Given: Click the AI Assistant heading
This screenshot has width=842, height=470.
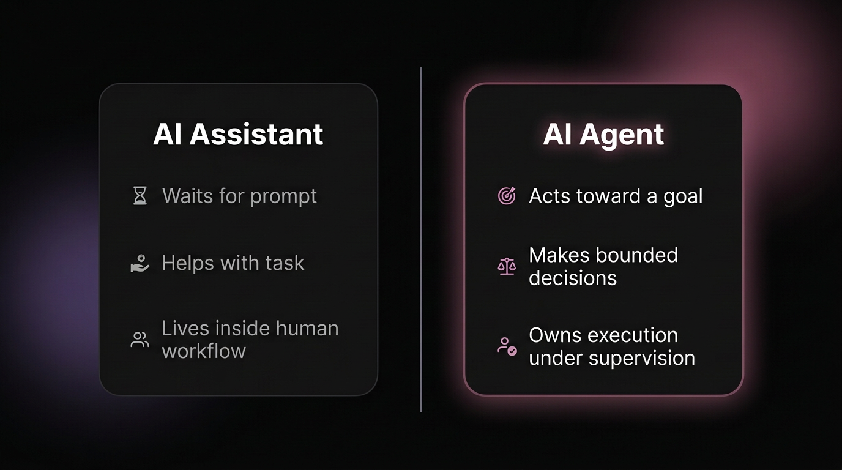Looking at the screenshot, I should [x=238, y=135].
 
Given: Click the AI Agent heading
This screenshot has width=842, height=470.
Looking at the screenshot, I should [x=603, y=135].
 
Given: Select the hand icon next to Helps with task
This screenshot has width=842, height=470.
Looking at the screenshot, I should [x=140, y=264].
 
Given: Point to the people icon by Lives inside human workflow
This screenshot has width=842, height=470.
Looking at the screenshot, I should [x=140, y=340].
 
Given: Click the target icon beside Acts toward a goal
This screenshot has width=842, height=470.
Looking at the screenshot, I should [x=507, y=196].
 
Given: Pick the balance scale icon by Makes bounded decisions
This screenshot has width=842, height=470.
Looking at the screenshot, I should [x=507, y=266].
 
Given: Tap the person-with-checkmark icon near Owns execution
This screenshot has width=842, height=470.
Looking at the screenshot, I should [x=507, y=346].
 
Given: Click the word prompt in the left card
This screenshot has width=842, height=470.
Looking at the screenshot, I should [x=284, y=197].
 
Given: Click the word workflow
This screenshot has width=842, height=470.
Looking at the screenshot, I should [x=204, y=351].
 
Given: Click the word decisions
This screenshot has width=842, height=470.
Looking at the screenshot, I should [x=573, y=278].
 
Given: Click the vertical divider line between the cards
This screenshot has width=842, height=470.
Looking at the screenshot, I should [x=421, y=239].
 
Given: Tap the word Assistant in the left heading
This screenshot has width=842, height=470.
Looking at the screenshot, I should [x=256, y=135].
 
